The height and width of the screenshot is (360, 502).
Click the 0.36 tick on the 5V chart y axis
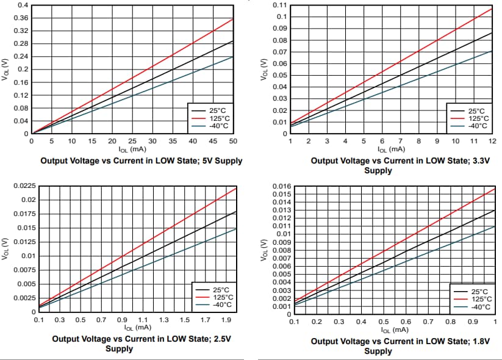(21, 18)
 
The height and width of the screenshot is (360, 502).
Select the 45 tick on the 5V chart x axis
(213, 141)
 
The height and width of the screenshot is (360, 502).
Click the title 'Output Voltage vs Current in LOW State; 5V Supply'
(141, 161)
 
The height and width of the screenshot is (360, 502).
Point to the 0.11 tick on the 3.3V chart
(279, 5)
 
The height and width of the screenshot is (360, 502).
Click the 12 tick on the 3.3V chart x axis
(492, 141)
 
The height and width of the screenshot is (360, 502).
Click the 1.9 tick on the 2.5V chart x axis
(226, 320)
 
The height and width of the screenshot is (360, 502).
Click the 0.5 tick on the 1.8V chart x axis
(384, 321)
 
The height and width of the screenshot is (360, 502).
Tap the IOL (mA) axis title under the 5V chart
(132, 149)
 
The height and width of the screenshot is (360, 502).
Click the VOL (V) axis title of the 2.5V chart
(5, 248)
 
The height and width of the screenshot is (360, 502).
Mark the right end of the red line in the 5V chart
(233, 19)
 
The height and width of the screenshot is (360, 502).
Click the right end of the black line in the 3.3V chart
(492, 32)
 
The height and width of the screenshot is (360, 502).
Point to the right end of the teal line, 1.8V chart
(495, 226)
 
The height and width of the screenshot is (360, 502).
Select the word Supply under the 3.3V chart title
(378, 171)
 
